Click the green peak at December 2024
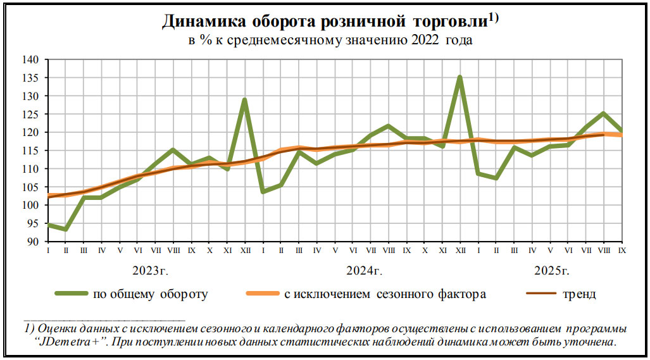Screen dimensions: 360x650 [460, 77]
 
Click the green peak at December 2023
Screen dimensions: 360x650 [244, 99]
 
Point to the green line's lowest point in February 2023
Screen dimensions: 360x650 [65, 229]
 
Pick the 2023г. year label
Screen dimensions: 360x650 [150, 271]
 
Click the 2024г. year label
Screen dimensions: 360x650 [365, 271]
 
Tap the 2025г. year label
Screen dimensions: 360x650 [552, 271]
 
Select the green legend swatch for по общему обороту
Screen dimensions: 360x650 [70, 294]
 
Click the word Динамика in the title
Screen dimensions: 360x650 [204, 22]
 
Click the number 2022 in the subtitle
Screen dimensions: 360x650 [418, 40]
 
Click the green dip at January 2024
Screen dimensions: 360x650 [262, 192]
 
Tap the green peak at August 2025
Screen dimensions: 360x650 [604, 113]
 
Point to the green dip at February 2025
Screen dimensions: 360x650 [496, 178]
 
